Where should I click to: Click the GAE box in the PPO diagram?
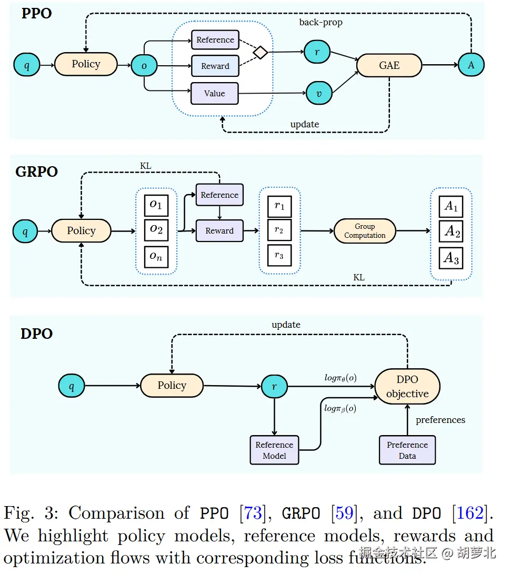[x=389, y=66]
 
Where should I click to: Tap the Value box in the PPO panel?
[x=214, y=93]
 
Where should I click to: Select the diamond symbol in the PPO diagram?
[x=260, y=53]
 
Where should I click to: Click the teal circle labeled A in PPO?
[x=470, y=65]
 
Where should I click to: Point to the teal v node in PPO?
[x=319, y=93]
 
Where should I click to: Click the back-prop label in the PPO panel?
[x=320, y=22]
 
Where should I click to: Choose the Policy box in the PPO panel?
[x=86, y=64]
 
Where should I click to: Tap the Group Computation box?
[x=365, y=231]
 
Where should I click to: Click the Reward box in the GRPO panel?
[x=219, y=231]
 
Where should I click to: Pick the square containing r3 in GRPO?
[x=279, y=255]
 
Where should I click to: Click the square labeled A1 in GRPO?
[x=451, y=206]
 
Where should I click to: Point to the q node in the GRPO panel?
[x=25, y=231]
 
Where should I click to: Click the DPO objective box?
[x=407, y=387]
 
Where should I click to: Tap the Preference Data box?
[x=407, y=450]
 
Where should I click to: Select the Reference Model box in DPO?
[x=274, y=450]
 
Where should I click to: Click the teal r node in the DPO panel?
[x=274, y=387]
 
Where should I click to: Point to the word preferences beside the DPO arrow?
[x=440, y=420]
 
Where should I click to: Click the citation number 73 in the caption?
[x=253, y=513]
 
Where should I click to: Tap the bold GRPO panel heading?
[x=37, y=172]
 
